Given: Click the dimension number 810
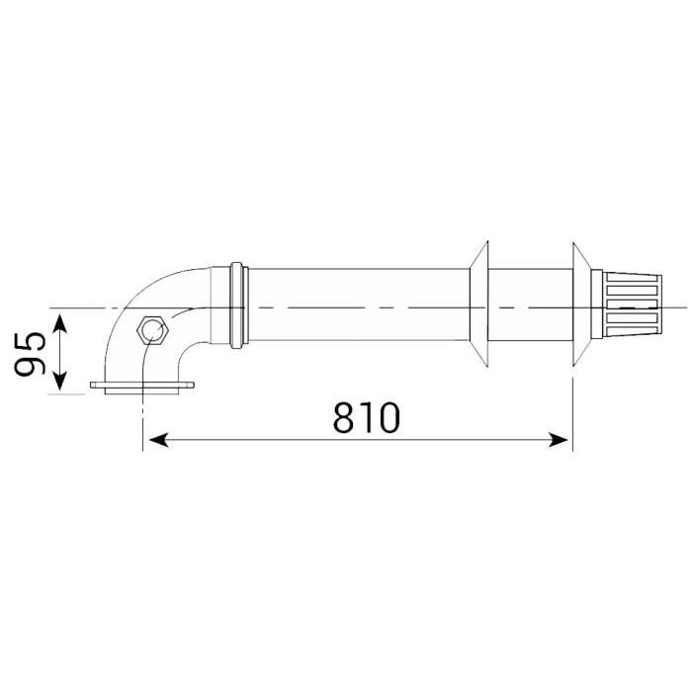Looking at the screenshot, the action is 367,417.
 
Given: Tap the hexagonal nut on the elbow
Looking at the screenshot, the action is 152,329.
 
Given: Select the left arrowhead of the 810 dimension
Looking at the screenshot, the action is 158,440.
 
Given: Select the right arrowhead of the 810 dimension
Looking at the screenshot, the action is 558,440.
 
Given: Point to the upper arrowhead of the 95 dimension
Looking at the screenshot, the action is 60,323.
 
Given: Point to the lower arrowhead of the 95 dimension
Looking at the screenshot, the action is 60,382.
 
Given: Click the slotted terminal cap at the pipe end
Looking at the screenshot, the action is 633,305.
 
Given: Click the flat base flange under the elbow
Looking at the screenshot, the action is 142,388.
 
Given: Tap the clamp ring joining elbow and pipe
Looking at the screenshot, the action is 239,304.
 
